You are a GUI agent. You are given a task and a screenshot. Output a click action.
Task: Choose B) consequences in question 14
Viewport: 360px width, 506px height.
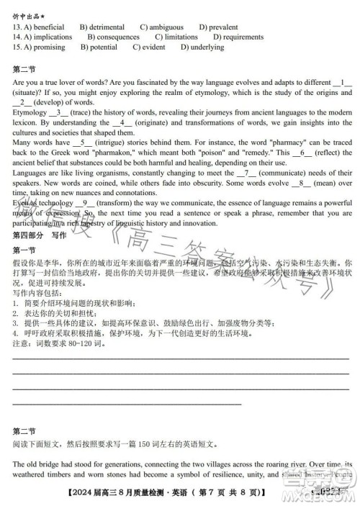[x=114, y=37]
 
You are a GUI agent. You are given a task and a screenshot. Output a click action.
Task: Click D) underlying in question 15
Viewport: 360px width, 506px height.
[x=203, y=47]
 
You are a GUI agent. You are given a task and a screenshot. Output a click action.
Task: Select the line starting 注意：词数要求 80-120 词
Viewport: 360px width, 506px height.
[x=58, y=344]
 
